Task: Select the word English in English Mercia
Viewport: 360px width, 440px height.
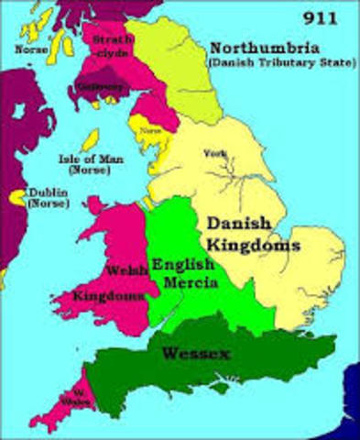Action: point(183,264)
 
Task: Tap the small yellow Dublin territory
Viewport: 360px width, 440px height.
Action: point(16,196)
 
